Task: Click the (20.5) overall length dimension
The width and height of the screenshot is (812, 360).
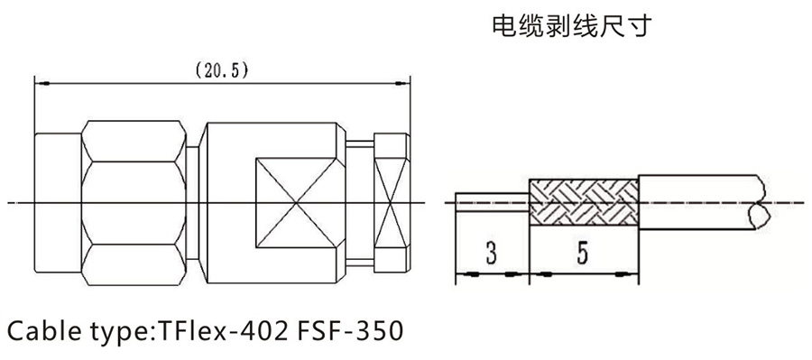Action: (222, 71)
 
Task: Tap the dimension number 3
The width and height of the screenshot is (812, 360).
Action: (492, 254)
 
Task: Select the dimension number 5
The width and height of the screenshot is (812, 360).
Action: (583, 254)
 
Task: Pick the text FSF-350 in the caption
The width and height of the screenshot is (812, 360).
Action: (349, 331)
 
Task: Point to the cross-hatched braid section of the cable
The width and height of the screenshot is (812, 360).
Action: (583, 202)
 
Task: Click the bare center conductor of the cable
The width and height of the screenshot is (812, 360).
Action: (492, 202)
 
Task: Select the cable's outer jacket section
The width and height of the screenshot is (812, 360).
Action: (699, 202)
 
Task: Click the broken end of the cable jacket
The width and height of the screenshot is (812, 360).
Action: (759, 202)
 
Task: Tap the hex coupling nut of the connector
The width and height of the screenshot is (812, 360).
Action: (134, 202)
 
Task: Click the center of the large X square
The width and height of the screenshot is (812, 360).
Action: (296, 202)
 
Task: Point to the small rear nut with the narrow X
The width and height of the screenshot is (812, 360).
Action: (392, 202)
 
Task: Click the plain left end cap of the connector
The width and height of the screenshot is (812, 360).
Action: (58, 202)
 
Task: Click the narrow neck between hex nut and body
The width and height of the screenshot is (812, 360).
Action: (192, 202)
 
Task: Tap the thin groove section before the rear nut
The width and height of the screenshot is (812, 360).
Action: (360, 202)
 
